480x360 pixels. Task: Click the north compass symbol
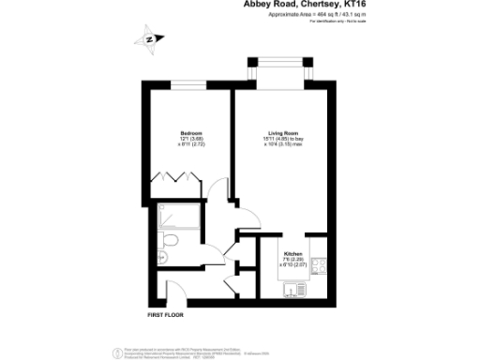pos(151,39)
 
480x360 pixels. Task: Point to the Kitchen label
pos(292,254)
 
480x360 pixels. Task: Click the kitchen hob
pos(319,265)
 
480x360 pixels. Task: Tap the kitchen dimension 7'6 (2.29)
pos(292,261)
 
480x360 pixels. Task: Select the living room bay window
pos(278,72)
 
